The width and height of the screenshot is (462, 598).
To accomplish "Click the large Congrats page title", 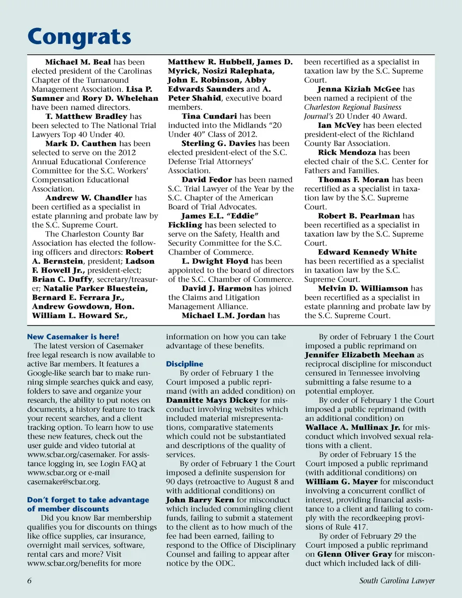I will point(79,37).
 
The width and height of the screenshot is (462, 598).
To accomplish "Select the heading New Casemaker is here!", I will point(73,337).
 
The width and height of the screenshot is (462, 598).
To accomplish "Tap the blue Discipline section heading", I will point(184,364).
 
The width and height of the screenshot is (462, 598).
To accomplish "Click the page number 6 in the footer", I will point(29,581).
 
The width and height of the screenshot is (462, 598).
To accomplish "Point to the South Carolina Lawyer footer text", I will point(397,581).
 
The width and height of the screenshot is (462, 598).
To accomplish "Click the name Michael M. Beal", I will point(78,62).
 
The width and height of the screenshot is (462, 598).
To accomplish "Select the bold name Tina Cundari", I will point(209,116).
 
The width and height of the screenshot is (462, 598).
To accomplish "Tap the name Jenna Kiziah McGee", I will point(359,89).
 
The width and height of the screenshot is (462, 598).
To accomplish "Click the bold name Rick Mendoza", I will point(347,153).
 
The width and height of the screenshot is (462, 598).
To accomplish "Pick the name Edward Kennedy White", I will point(367,252).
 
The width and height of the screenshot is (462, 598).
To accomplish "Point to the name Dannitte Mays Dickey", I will point(212,400).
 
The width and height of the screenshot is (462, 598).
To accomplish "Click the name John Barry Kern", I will point(200,500).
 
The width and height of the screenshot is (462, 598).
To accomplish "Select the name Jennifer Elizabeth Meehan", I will point(360,355).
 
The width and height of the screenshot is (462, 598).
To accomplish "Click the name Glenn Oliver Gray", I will point(355,554).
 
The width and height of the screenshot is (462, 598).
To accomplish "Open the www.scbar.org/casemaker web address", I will point(72,455).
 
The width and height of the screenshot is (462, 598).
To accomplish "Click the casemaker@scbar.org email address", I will point(64,481).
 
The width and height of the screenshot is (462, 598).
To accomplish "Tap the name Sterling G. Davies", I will point(218,143).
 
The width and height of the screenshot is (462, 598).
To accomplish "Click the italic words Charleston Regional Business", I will point(353,107).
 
